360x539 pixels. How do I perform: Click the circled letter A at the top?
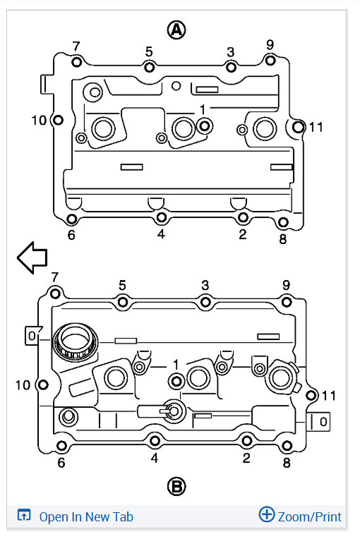click(176, 30)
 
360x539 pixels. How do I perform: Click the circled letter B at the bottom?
click(176, 486)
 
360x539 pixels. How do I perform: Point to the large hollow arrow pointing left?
click(32, 258)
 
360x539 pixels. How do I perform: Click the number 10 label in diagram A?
click(39, 121)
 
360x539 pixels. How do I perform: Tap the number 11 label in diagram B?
click(329, 396)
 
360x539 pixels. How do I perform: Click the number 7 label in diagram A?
click(76, 46)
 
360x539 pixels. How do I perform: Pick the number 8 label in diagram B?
click(287, 463)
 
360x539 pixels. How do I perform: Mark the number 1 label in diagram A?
click(203, 109)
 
